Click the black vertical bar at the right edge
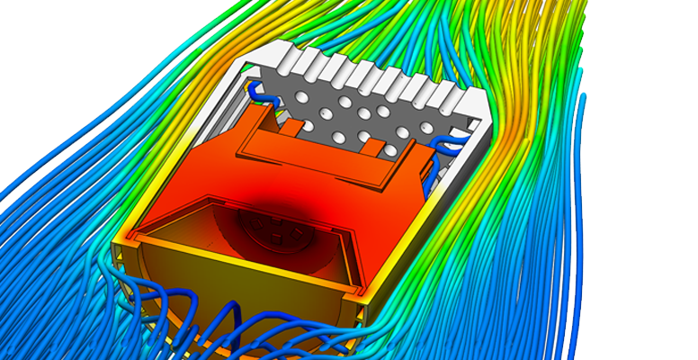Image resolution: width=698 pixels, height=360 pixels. click(x=651, y=180)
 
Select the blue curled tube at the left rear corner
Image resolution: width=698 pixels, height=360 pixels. click(x=259, y=90)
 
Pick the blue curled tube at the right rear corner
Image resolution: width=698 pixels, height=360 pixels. click(x=445, y=143)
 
